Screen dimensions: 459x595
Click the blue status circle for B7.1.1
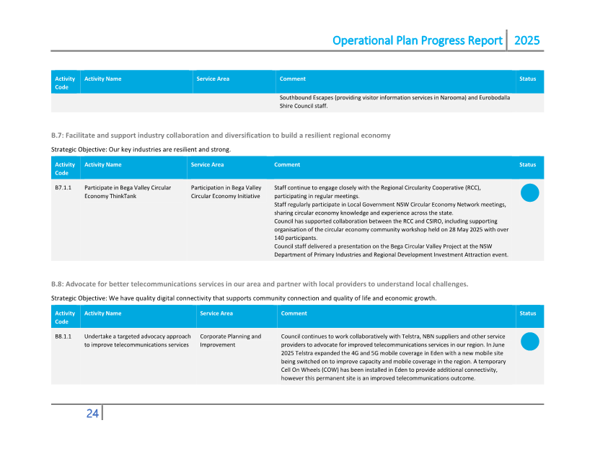(529, 192)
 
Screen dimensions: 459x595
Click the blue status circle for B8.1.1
(529, 342)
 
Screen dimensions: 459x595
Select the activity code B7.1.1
(63, 187)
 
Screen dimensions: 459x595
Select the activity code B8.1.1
(63, 337)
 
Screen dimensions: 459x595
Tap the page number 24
(92, 414)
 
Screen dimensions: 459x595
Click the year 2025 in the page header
(526, 40)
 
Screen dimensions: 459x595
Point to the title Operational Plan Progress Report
(417, 40)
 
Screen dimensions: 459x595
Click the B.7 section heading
(221, 135)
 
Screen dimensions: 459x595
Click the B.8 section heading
(260, 284)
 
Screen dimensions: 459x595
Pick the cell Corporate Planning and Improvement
(231, 341)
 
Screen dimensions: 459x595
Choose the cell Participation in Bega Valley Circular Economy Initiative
(226, 192)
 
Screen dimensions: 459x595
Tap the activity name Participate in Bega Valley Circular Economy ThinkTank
(128, 192)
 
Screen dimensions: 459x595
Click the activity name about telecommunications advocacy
(137, 341)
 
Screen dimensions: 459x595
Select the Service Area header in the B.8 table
(216, 313)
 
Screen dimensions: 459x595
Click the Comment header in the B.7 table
(287, 165)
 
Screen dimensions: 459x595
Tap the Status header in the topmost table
(527, 79)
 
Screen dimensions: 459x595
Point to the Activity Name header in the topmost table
(102, 79)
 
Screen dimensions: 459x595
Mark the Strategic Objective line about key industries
(141, 149)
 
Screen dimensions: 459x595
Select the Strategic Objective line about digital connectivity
(243, 298)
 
